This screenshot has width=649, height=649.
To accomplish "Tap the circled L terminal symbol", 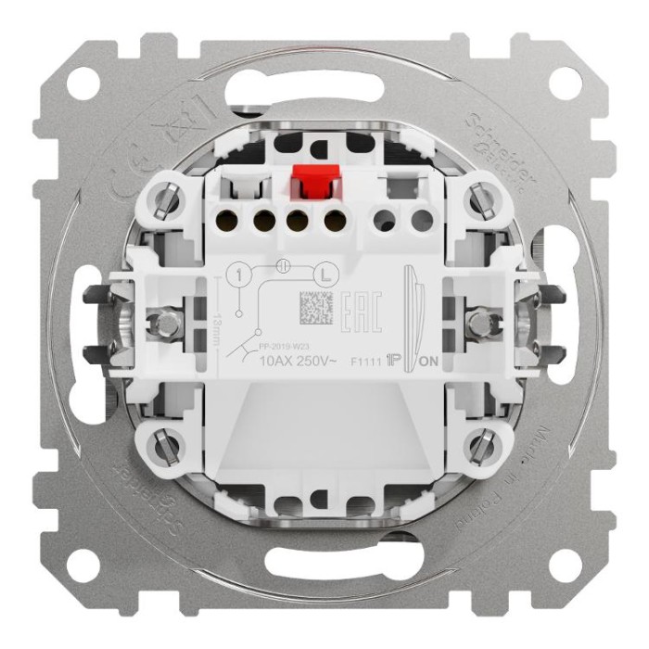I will pyautogui.click(x=324, y=274).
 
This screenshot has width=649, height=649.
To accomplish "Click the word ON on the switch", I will pyautogui.click(x=429, y=361).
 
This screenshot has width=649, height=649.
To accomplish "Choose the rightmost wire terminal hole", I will pyautogui.click(x=422, y=221).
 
